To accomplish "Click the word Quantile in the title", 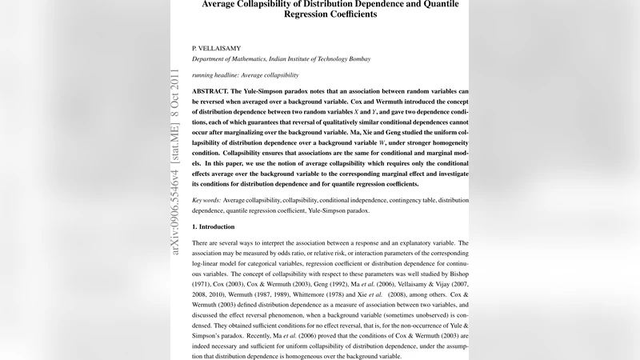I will tap(446, 3).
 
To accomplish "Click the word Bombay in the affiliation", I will tap(354, 59).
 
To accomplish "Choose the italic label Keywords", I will tap(206, 199).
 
